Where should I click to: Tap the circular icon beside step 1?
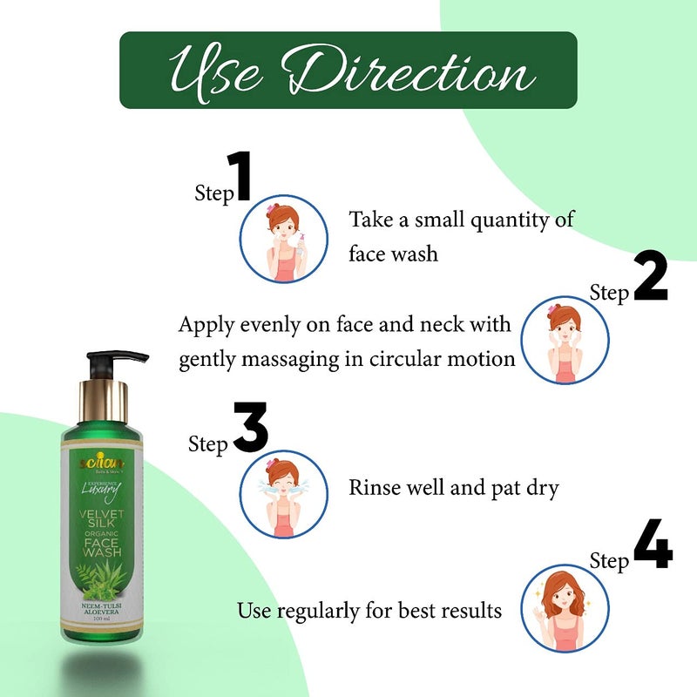tap(283, 239)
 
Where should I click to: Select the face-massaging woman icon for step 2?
tap(565, 340)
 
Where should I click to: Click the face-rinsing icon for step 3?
tap(283, 493)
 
